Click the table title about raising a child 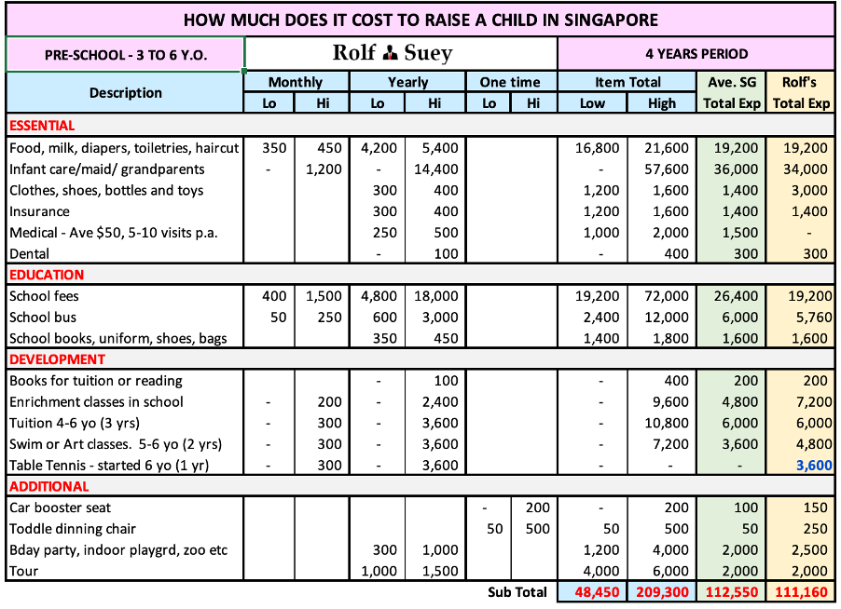point(420,20)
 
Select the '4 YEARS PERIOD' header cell point(696,53)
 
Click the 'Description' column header point(126,92)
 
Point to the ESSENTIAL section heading point(41,126)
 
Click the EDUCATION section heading point(47,275)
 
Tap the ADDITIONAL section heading point(49,486)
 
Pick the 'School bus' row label point(43,317)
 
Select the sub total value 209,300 point(661,592)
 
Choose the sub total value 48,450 point(592,592)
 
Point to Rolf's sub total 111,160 point(801,592)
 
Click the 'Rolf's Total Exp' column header point(801,92)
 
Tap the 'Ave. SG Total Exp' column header point(732,92)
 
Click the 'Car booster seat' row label point(60,507)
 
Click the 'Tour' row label point(23,571)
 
